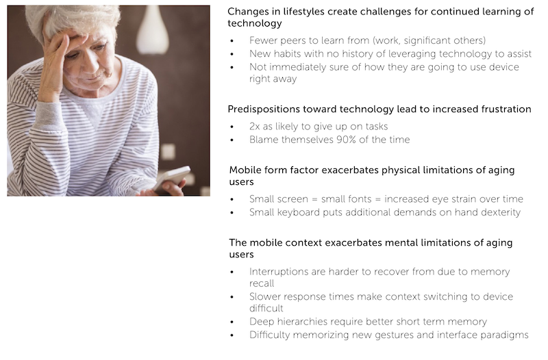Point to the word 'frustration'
click(506, 110)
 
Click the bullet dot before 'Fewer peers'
click(232, 41)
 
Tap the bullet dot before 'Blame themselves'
click(232, 140)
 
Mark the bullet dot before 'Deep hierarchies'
click(232, 322)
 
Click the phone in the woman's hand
click(172, 178)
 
